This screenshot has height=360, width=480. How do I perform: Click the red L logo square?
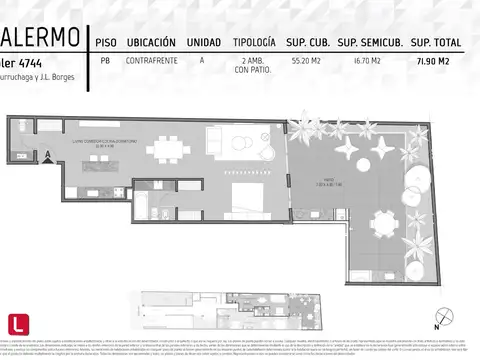(17, 323)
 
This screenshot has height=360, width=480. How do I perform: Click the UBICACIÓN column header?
(151, 42)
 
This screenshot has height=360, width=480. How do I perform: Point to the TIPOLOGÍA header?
(254, 42)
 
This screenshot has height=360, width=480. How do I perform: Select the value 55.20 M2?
(305, 61)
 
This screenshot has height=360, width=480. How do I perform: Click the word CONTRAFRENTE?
(151, 61)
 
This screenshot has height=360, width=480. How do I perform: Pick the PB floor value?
(104, 61)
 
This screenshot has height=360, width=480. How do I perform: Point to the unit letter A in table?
(203, 61)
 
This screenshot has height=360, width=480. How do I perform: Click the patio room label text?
(319, 184)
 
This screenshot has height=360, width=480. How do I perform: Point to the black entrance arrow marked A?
(47, 154)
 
